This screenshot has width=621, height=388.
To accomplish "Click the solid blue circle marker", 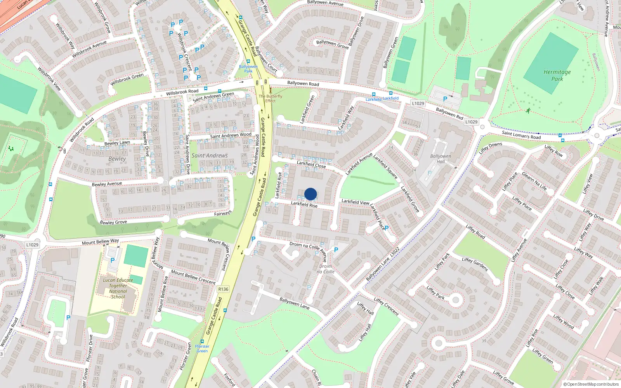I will click(310, 194).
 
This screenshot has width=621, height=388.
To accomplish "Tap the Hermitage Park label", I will click(557, 75).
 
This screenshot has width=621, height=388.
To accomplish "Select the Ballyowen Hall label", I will click(441, 159).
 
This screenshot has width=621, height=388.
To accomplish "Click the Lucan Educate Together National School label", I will click(118, 288).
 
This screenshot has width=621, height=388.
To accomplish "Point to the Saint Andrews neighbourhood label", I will click(210, 156).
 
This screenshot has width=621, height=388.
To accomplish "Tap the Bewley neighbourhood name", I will click(117, 159).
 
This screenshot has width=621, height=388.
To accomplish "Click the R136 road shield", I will click(223, 289).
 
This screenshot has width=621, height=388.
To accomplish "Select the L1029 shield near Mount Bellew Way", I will click(32, 245).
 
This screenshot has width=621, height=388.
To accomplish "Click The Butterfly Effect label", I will click(271, 99).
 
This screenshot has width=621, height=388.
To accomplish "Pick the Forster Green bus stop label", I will click(202, 348).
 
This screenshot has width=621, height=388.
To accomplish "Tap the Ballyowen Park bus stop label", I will click(248, 69).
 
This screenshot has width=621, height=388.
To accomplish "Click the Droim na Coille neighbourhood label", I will click(326, 269).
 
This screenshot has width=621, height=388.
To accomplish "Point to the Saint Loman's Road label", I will click(521, 135).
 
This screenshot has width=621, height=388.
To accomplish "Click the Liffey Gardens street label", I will click(475, 264).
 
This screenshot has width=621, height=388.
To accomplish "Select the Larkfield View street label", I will click(355, 202).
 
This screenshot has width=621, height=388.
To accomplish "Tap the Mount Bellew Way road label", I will click(100, 242).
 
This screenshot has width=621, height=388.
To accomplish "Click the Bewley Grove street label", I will click(113, 222).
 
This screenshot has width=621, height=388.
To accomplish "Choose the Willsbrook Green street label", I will click(127, 80).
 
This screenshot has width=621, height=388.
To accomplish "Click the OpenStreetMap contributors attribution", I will click(591, 385).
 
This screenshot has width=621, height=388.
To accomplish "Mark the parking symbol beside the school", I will click(113, 260).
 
